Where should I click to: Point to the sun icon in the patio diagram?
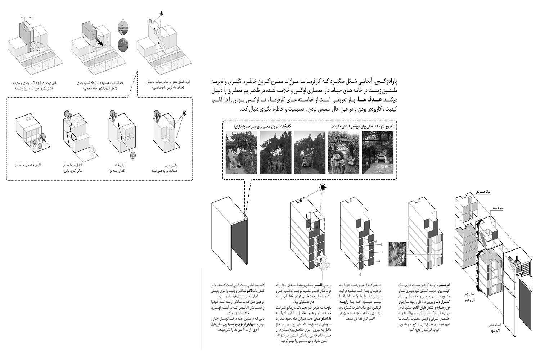(x=185, y=114)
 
